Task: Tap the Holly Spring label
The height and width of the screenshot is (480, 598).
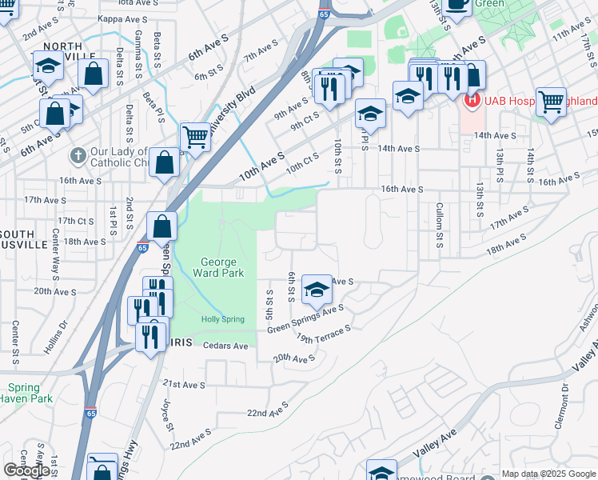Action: click(223, 319)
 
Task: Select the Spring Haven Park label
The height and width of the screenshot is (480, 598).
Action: click(25, 393)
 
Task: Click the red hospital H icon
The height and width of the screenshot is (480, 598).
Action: click(471, 101)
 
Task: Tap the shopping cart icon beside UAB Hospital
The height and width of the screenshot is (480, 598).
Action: click(550, 101)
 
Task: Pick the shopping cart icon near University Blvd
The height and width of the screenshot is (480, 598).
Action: click(195, 137)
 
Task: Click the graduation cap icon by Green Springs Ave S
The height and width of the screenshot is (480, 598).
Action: click(317, 289)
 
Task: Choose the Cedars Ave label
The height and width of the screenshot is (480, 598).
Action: click(226, 346)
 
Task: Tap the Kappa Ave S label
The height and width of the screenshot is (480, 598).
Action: click(118, 18)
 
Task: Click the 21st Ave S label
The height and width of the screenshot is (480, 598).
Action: click(184, 385)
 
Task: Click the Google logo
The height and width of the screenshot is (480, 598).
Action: click(26, 470)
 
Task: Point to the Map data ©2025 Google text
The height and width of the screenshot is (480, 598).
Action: click(548, 474)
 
